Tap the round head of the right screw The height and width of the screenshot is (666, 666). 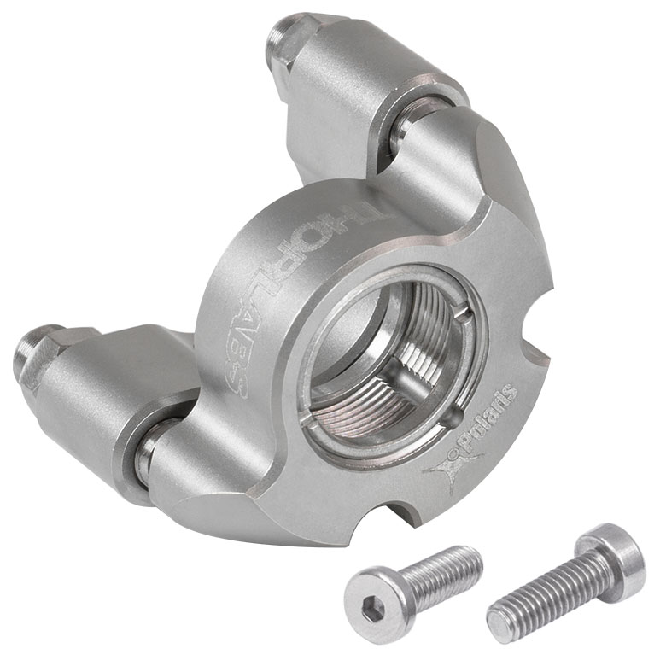tap(610, 553)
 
